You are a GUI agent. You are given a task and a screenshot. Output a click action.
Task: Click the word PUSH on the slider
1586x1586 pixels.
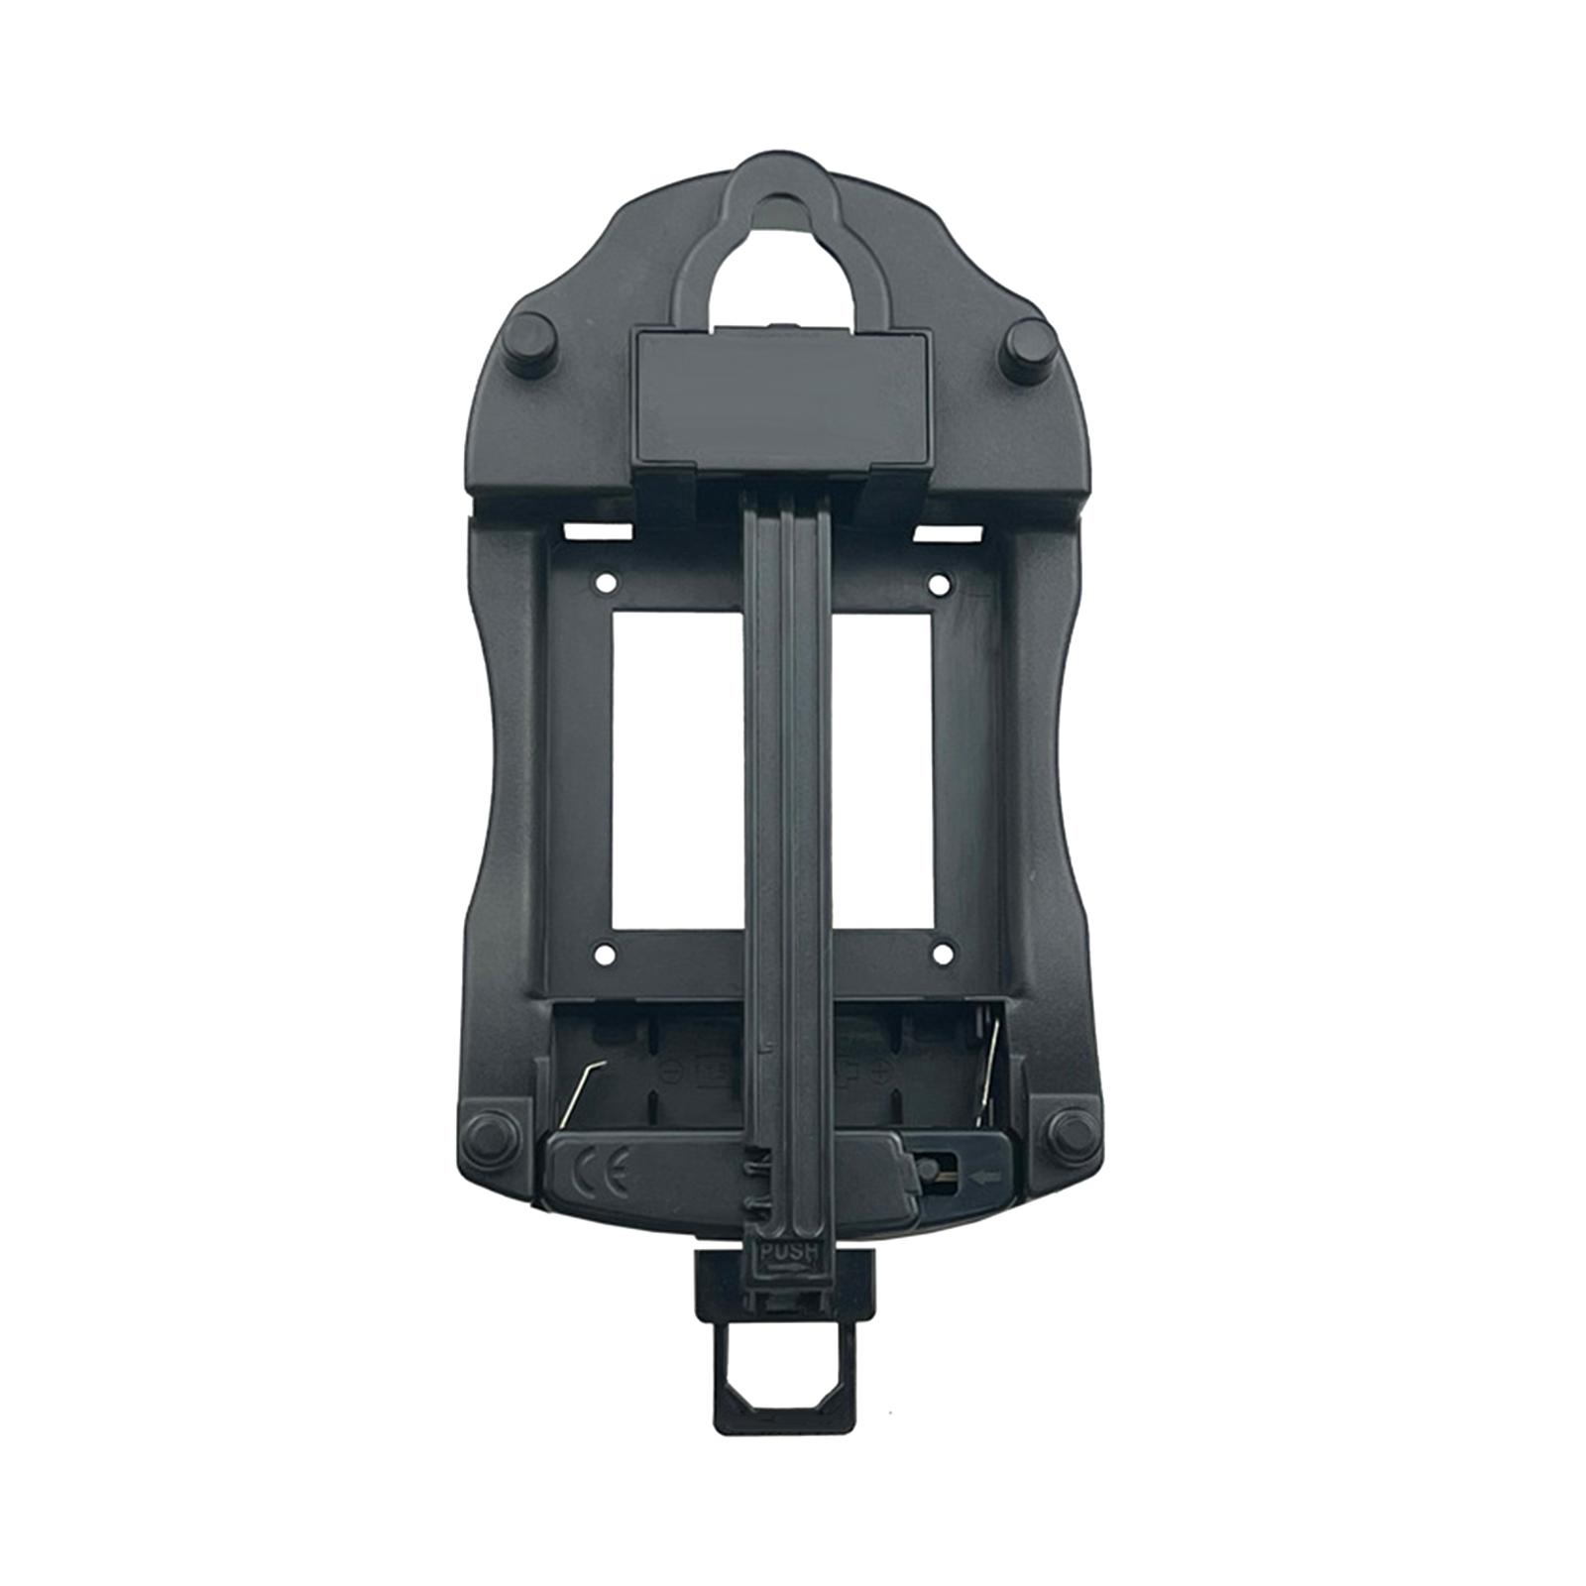(788, 1252)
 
